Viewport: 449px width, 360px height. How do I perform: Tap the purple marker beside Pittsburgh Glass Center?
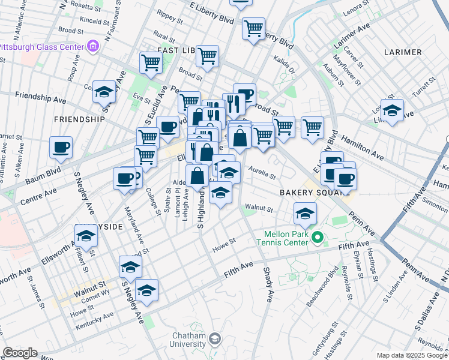pyautogui.click(x=92, y=46)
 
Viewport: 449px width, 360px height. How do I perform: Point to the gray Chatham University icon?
pyautogui.click(x=214, y=340)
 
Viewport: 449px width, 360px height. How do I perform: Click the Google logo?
pyautogui.click(x=20, y=353)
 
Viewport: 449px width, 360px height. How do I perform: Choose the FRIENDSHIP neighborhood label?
pyautogui.click(x=80, y=119)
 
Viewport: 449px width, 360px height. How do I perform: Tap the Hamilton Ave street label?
pyautogui.click(x=362, y=147)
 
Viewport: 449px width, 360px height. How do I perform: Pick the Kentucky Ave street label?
pyautogui.click(x=95, y=320)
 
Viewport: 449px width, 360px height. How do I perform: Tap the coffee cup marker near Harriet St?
pyautogui.click(x=61, y=148)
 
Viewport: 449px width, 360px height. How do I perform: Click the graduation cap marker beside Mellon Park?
pyautogui.click(x=305, y=214)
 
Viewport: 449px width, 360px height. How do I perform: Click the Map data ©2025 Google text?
pyautogui.click(x=411, y=355)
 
